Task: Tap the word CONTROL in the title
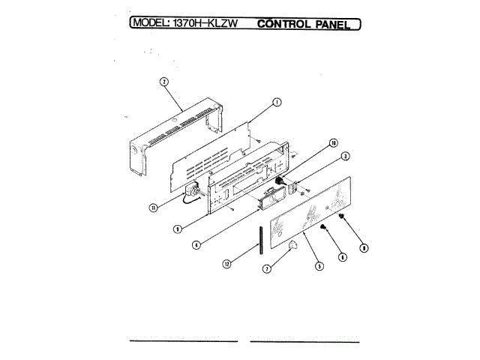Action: [x=283, y=23]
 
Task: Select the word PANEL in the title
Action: [x=334, y=23]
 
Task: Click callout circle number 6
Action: [x=343, y=257]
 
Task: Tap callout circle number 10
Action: [x=333, y=143]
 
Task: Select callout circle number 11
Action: [x=153, y=208]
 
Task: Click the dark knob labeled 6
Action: [x=324, y=228]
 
